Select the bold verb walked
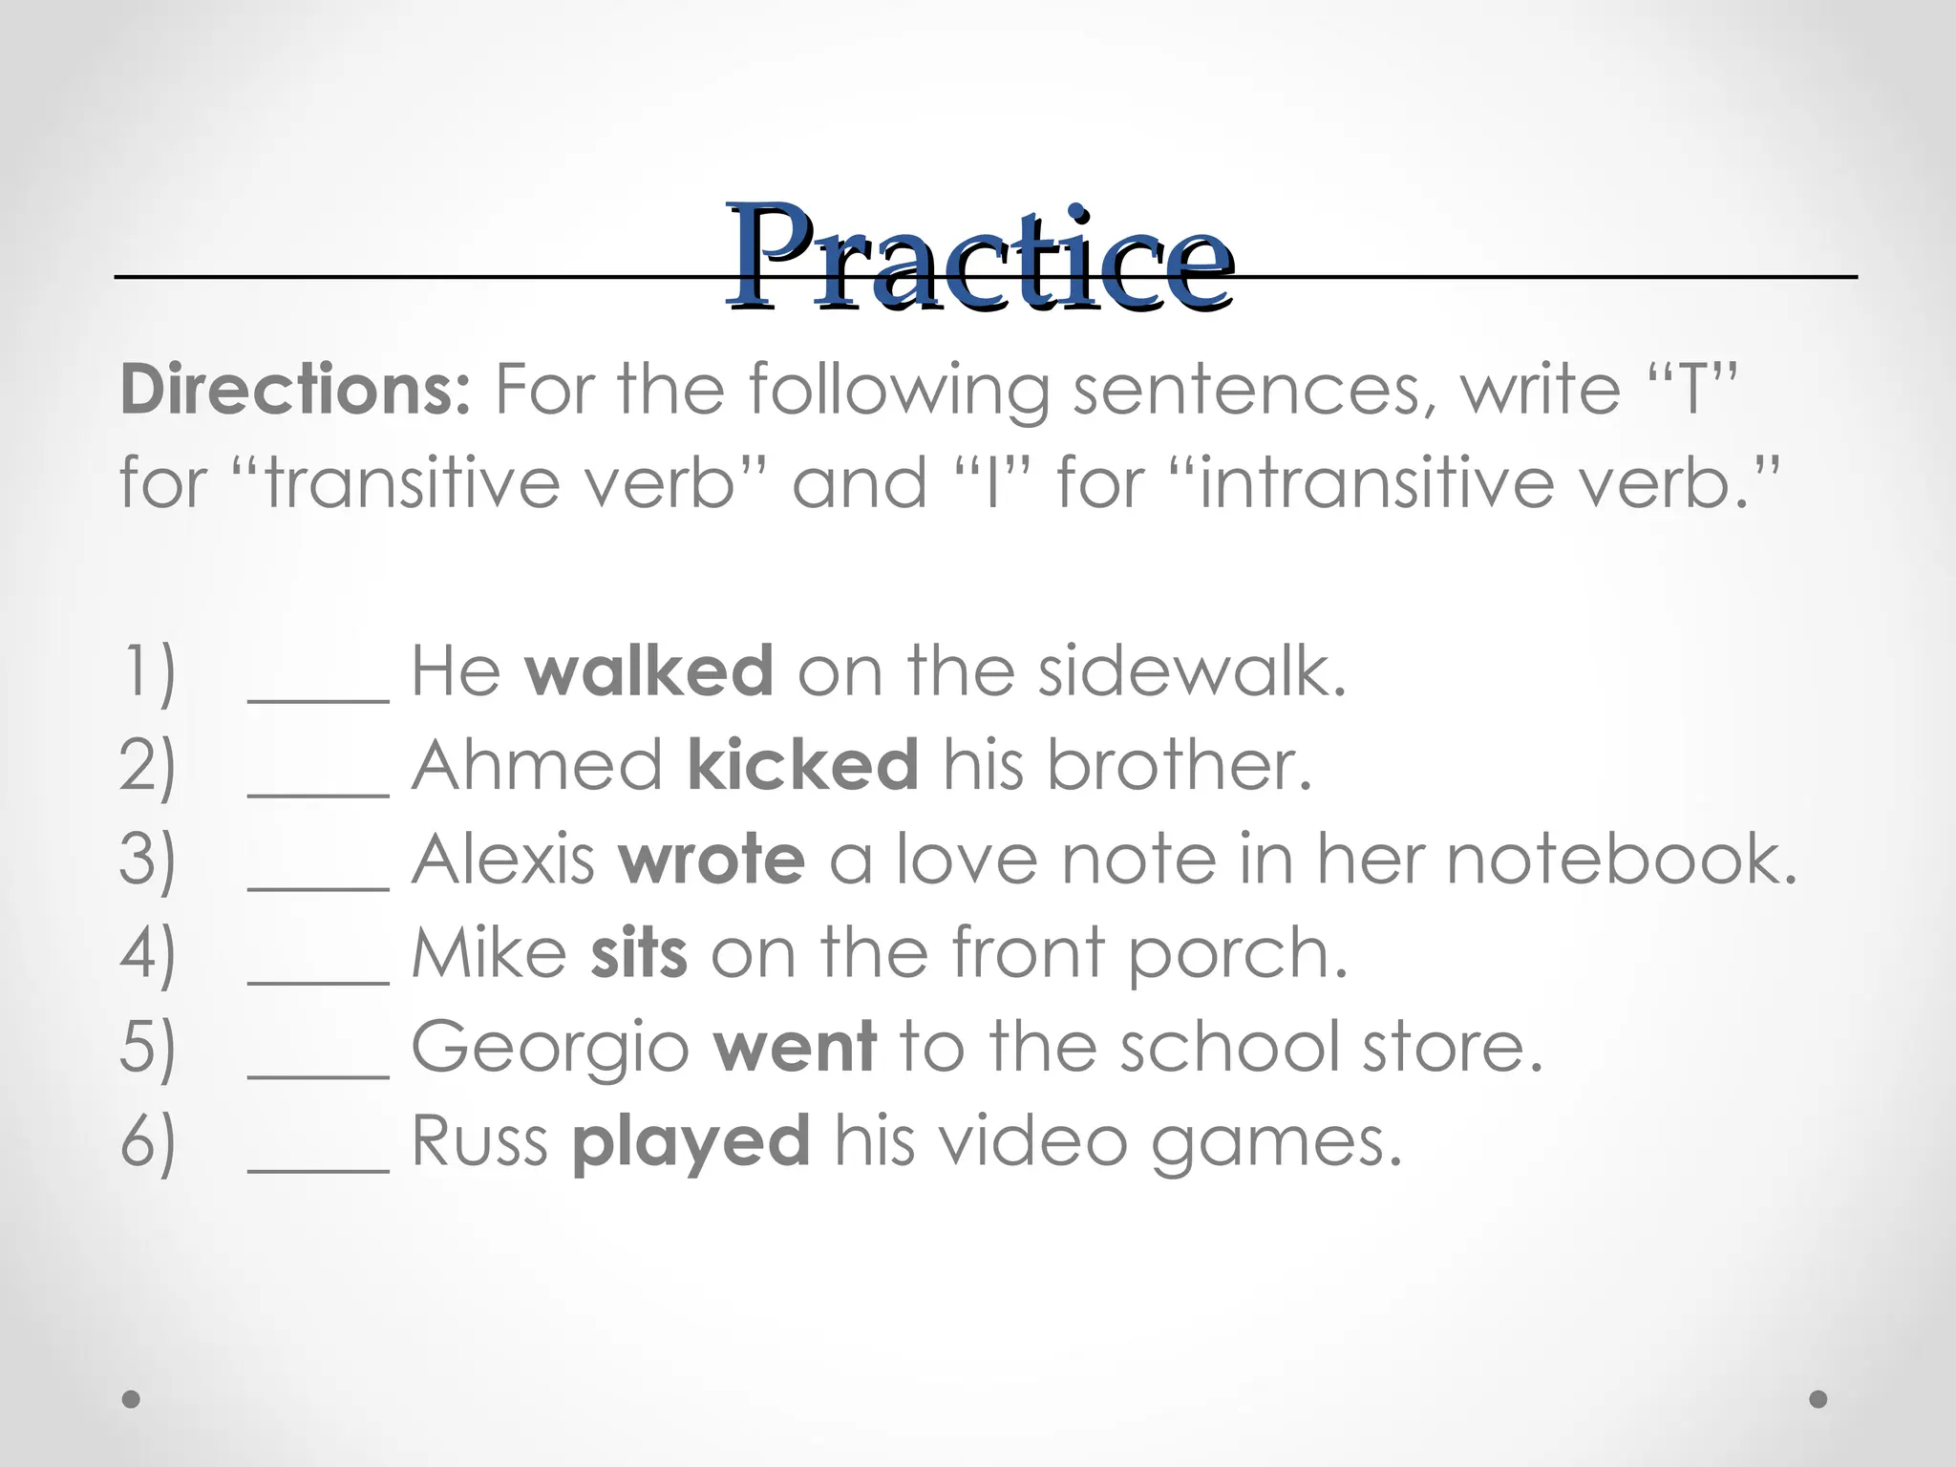[x=648, y=670]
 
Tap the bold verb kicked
[x=802, y=765]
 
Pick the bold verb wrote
[x=712, y=859]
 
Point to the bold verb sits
[x=639, y=953]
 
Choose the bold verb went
[x=795, y=1047]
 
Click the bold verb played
[x=691, y=1142]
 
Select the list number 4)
[x=148, y=953]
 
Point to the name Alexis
[x=503, y=859]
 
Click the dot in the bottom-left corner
[x=132, y=1399]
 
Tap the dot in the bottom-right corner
[x=1818, y=1399]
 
